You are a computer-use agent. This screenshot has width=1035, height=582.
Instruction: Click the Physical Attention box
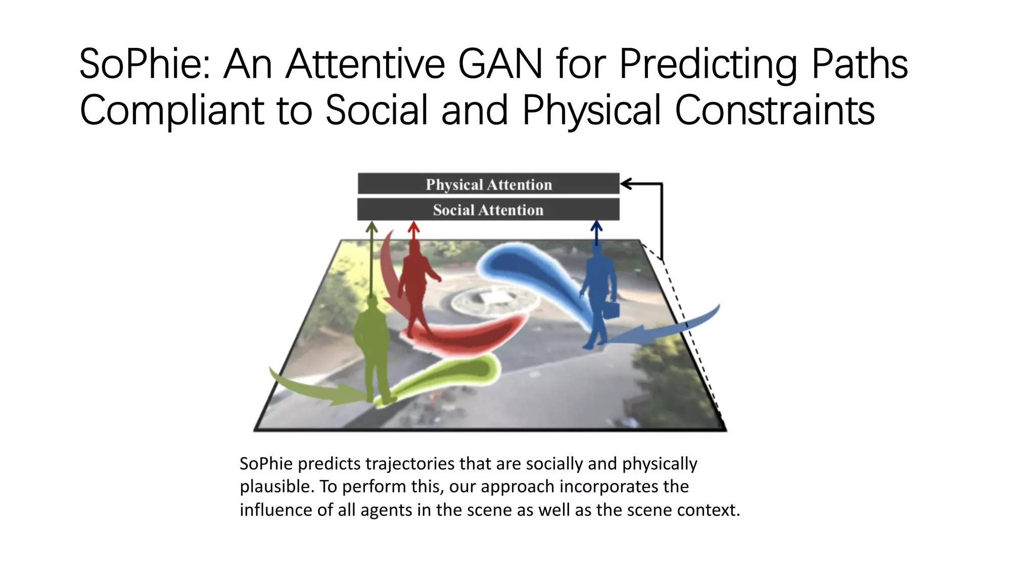(x=488, y=184)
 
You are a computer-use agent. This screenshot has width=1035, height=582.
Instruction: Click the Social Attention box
(x=488, y=209)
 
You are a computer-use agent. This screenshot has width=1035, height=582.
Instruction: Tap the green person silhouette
(x=373, y=349)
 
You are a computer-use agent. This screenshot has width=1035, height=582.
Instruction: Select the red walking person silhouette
(x=415, y=288)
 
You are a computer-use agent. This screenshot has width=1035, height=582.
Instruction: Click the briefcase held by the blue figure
(x=611, y=309)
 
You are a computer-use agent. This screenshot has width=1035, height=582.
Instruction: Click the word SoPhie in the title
(x=144, y=64)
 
